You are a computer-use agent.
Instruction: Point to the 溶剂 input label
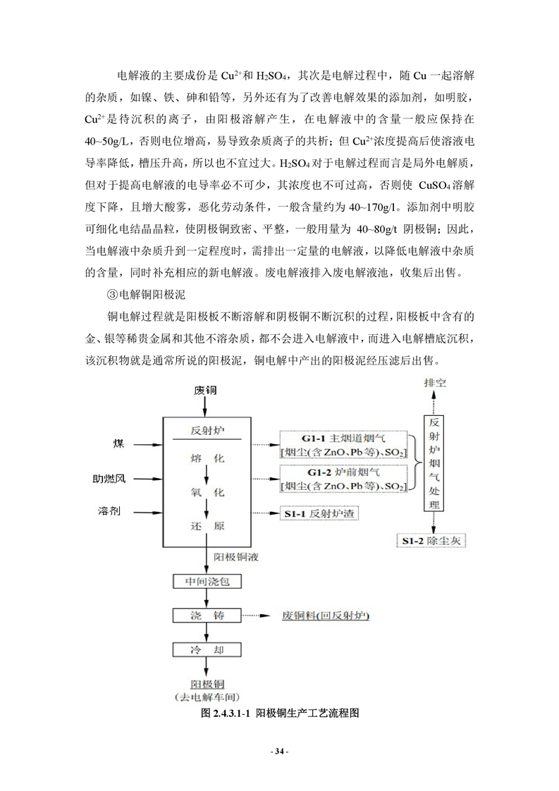(x=109, y=510)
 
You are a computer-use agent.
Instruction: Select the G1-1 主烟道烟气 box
(x=343, y=444)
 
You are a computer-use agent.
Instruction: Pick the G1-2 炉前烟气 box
(x=343, y=478)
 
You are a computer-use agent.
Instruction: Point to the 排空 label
(x=434, y=384)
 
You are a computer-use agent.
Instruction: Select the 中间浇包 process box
(x=203, y=582)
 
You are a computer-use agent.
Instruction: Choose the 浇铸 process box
(x=203, y=615)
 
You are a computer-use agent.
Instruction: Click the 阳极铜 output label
(x=204, y=682)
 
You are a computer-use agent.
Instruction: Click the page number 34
(x=280, y=752)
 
